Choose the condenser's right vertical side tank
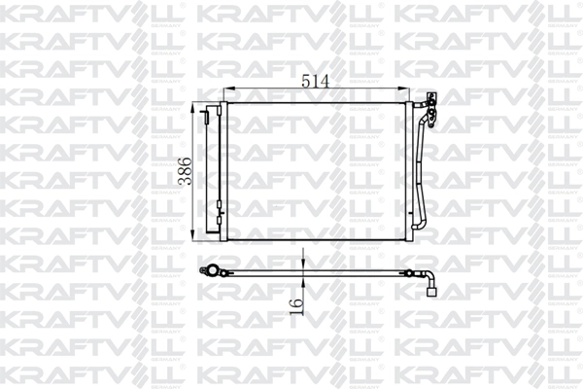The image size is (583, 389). point(412,170)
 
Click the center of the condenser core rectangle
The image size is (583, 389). point(320,170)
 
